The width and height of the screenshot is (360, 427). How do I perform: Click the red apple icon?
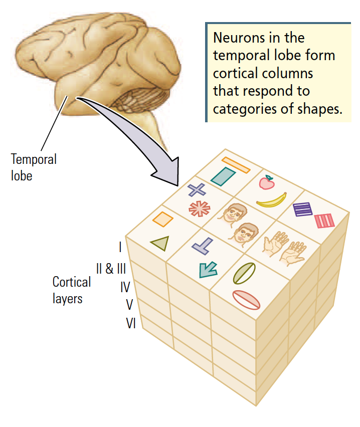267,183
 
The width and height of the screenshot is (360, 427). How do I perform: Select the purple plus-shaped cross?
197,190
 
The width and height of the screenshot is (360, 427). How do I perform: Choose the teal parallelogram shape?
223,176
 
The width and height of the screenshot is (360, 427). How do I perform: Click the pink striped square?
323,221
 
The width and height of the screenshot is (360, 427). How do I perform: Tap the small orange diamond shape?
162,219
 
